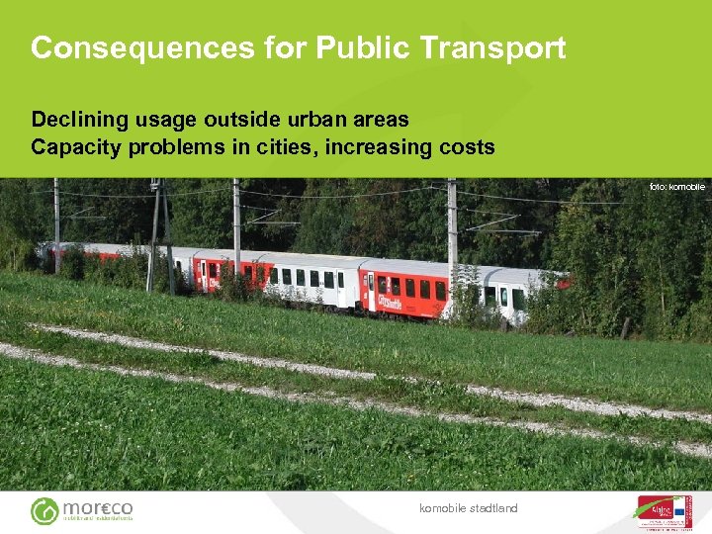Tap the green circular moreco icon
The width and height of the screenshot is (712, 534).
[44, 510]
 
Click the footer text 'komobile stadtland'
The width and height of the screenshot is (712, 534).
[468, 508]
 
